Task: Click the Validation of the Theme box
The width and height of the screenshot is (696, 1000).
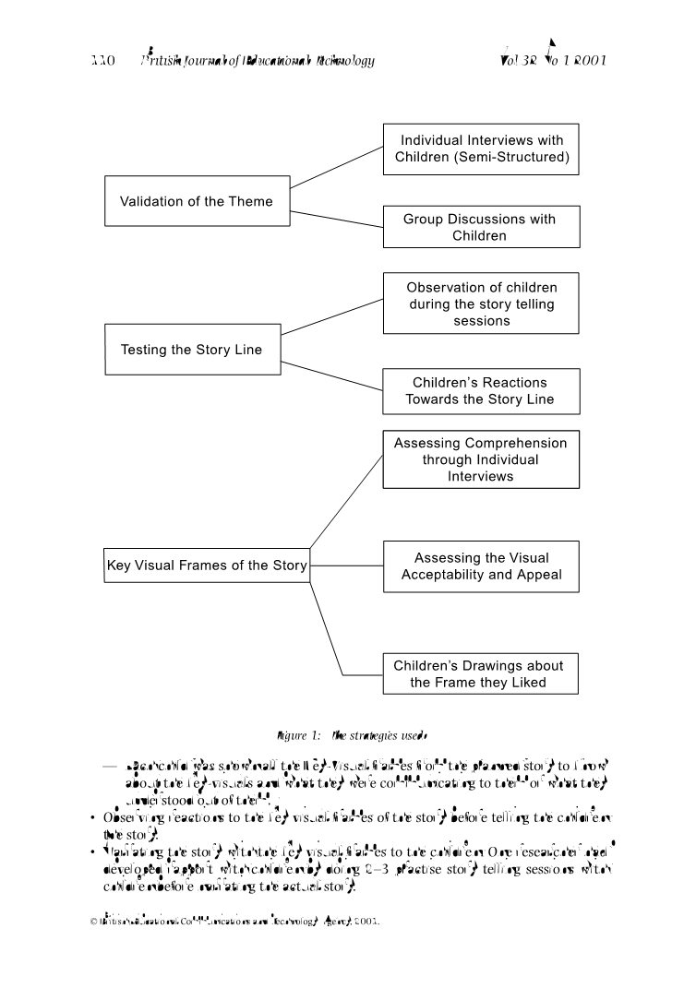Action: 197,201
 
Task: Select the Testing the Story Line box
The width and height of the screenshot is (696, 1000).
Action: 192,349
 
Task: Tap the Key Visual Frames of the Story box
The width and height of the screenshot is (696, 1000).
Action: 207,565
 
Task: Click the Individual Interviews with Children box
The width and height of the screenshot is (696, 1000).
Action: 481,149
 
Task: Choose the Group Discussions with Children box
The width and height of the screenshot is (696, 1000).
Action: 481,227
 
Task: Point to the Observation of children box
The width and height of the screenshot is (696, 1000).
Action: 481,303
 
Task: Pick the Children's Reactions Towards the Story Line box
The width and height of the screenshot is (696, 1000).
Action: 481,391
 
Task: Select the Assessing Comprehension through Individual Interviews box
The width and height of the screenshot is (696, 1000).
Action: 481,458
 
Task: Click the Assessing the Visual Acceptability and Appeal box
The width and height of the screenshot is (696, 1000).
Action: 481,566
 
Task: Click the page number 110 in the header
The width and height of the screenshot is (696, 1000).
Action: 102,61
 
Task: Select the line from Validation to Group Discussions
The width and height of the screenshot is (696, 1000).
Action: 336,218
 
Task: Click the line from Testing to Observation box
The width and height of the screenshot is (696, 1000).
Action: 332,316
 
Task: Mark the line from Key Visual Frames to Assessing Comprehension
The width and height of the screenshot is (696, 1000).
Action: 346,502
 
